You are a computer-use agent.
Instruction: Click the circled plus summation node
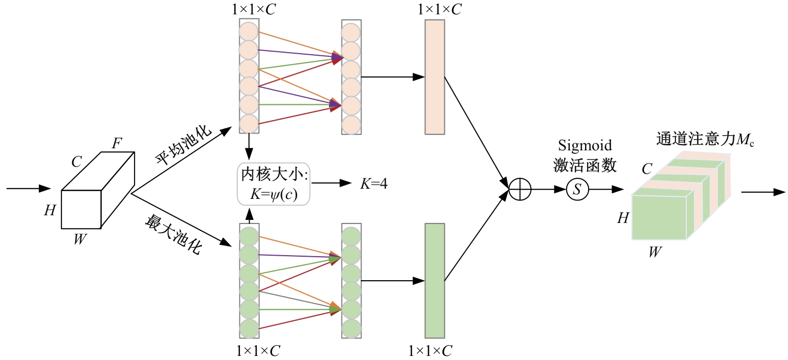[520, 190]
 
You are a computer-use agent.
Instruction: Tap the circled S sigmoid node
[577, 190]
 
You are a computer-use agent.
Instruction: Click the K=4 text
[373, 184]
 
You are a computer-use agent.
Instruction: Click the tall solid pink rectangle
[435, 77]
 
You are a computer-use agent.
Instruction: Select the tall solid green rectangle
[435, 281]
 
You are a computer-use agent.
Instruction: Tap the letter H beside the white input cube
[50, 210]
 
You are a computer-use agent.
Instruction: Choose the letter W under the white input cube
[79, 239]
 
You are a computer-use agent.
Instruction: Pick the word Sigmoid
[585, 146]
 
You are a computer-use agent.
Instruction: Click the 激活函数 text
[585, 165]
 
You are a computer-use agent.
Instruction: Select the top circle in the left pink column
[249, 31]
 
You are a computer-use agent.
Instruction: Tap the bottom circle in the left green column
[249, 328]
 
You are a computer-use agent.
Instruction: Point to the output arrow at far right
[763, 192]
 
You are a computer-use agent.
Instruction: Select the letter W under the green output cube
[654, 252]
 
